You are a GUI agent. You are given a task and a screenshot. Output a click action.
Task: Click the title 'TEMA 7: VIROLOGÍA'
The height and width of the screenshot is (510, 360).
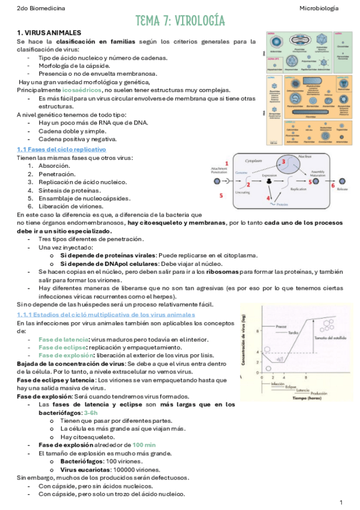[180, 22]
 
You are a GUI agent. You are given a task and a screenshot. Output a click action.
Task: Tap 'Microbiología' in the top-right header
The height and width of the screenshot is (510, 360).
[319, 8]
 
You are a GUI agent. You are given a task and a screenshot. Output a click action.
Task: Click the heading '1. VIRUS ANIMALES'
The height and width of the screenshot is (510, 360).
[49, 32]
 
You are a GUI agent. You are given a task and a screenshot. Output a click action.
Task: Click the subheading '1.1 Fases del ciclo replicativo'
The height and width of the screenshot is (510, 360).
[61, 149]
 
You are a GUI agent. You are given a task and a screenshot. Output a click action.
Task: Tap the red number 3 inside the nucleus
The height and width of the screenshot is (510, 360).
[283, 162]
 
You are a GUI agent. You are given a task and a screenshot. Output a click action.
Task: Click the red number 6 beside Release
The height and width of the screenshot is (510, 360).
[332, 186]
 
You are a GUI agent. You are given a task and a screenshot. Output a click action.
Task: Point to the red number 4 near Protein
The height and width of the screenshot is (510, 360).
[269, 198]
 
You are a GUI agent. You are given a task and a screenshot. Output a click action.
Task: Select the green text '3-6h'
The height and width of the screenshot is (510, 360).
[90, 413]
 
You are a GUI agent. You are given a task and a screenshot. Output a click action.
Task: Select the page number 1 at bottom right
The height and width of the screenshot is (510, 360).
[341, 502]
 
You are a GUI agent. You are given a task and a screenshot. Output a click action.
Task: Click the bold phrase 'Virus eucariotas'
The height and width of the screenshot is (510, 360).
[84, 469]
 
